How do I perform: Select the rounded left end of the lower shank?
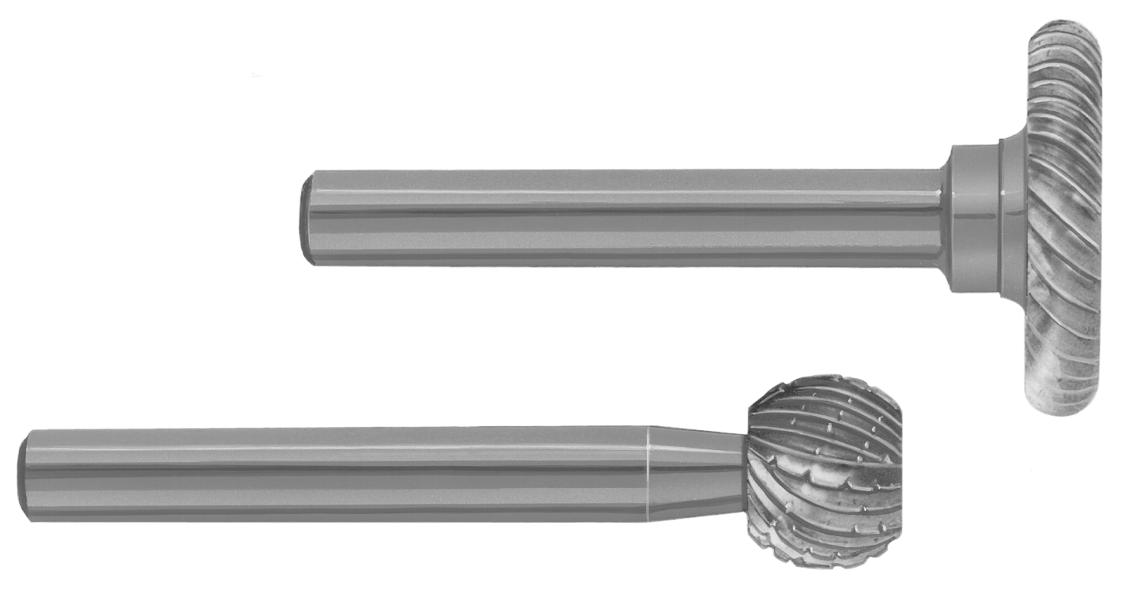pos(23,475)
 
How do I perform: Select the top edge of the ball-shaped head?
pos(824,378)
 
